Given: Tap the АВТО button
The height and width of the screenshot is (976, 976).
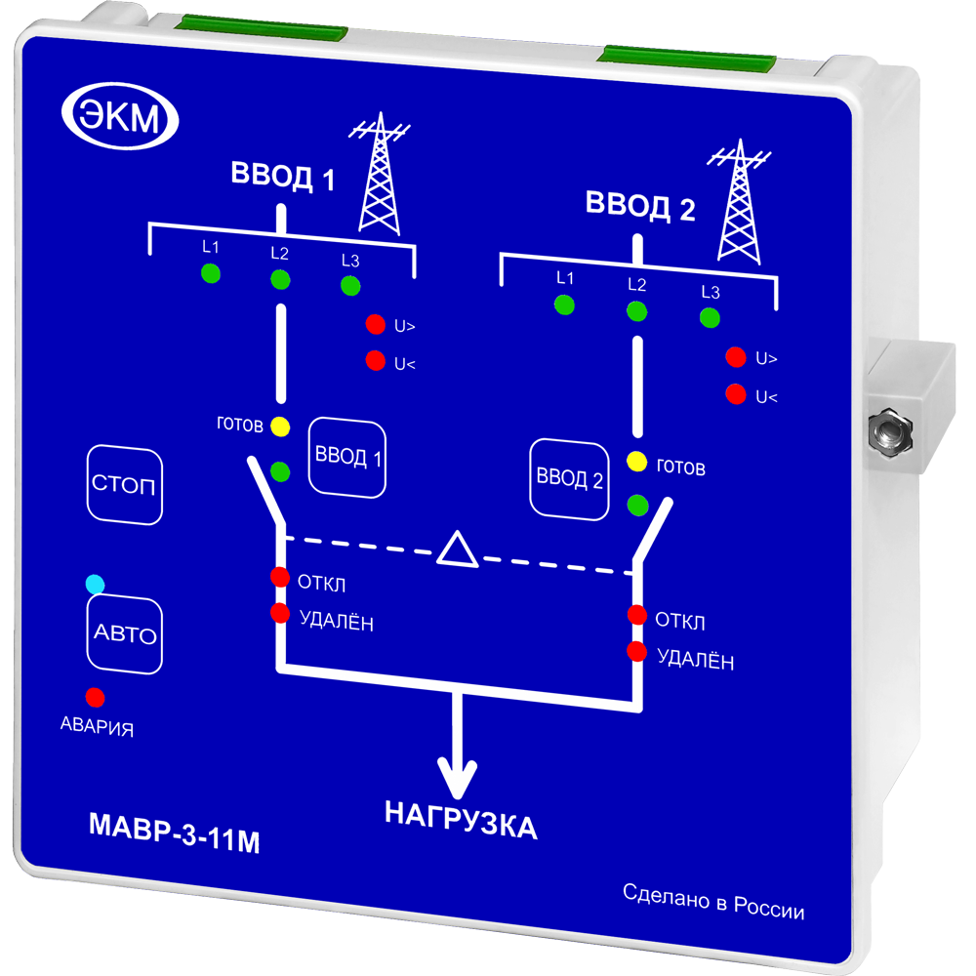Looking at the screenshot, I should tap(124, 635).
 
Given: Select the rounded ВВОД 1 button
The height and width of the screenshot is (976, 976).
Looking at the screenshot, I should tap(347, 457).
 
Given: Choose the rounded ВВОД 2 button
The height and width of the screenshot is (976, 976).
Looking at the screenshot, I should tap(569, 478).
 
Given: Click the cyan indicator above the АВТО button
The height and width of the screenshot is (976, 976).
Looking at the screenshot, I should tap(95, 585).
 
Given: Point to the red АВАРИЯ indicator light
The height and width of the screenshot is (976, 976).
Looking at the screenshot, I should tap(96, 698).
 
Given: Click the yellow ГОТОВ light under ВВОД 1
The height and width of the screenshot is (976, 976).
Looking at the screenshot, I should tap(280, 427).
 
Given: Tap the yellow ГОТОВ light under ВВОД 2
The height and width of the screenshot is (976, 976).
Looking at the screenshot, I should tap(637, 462).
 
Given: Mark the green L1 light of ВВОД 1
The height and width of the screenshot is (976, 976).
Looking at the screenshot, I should tap(211, 273).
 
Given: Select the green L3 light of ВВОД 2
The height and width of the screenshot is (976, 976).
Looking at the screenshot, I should tap(710, 317).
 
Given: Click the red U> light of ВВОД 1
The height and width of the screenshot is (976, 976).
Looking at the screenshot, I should tap(375, 325).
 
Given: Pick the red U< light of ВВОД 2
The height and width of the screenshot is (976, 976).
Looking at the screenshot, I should tap(736, 395).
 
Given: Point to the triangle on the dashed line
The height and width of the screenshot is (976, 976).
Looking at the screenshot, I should tap(457, 549).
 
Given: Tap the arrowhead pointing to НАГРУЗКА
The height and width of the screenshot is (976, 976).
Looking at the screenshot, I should tap(457, 779).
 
